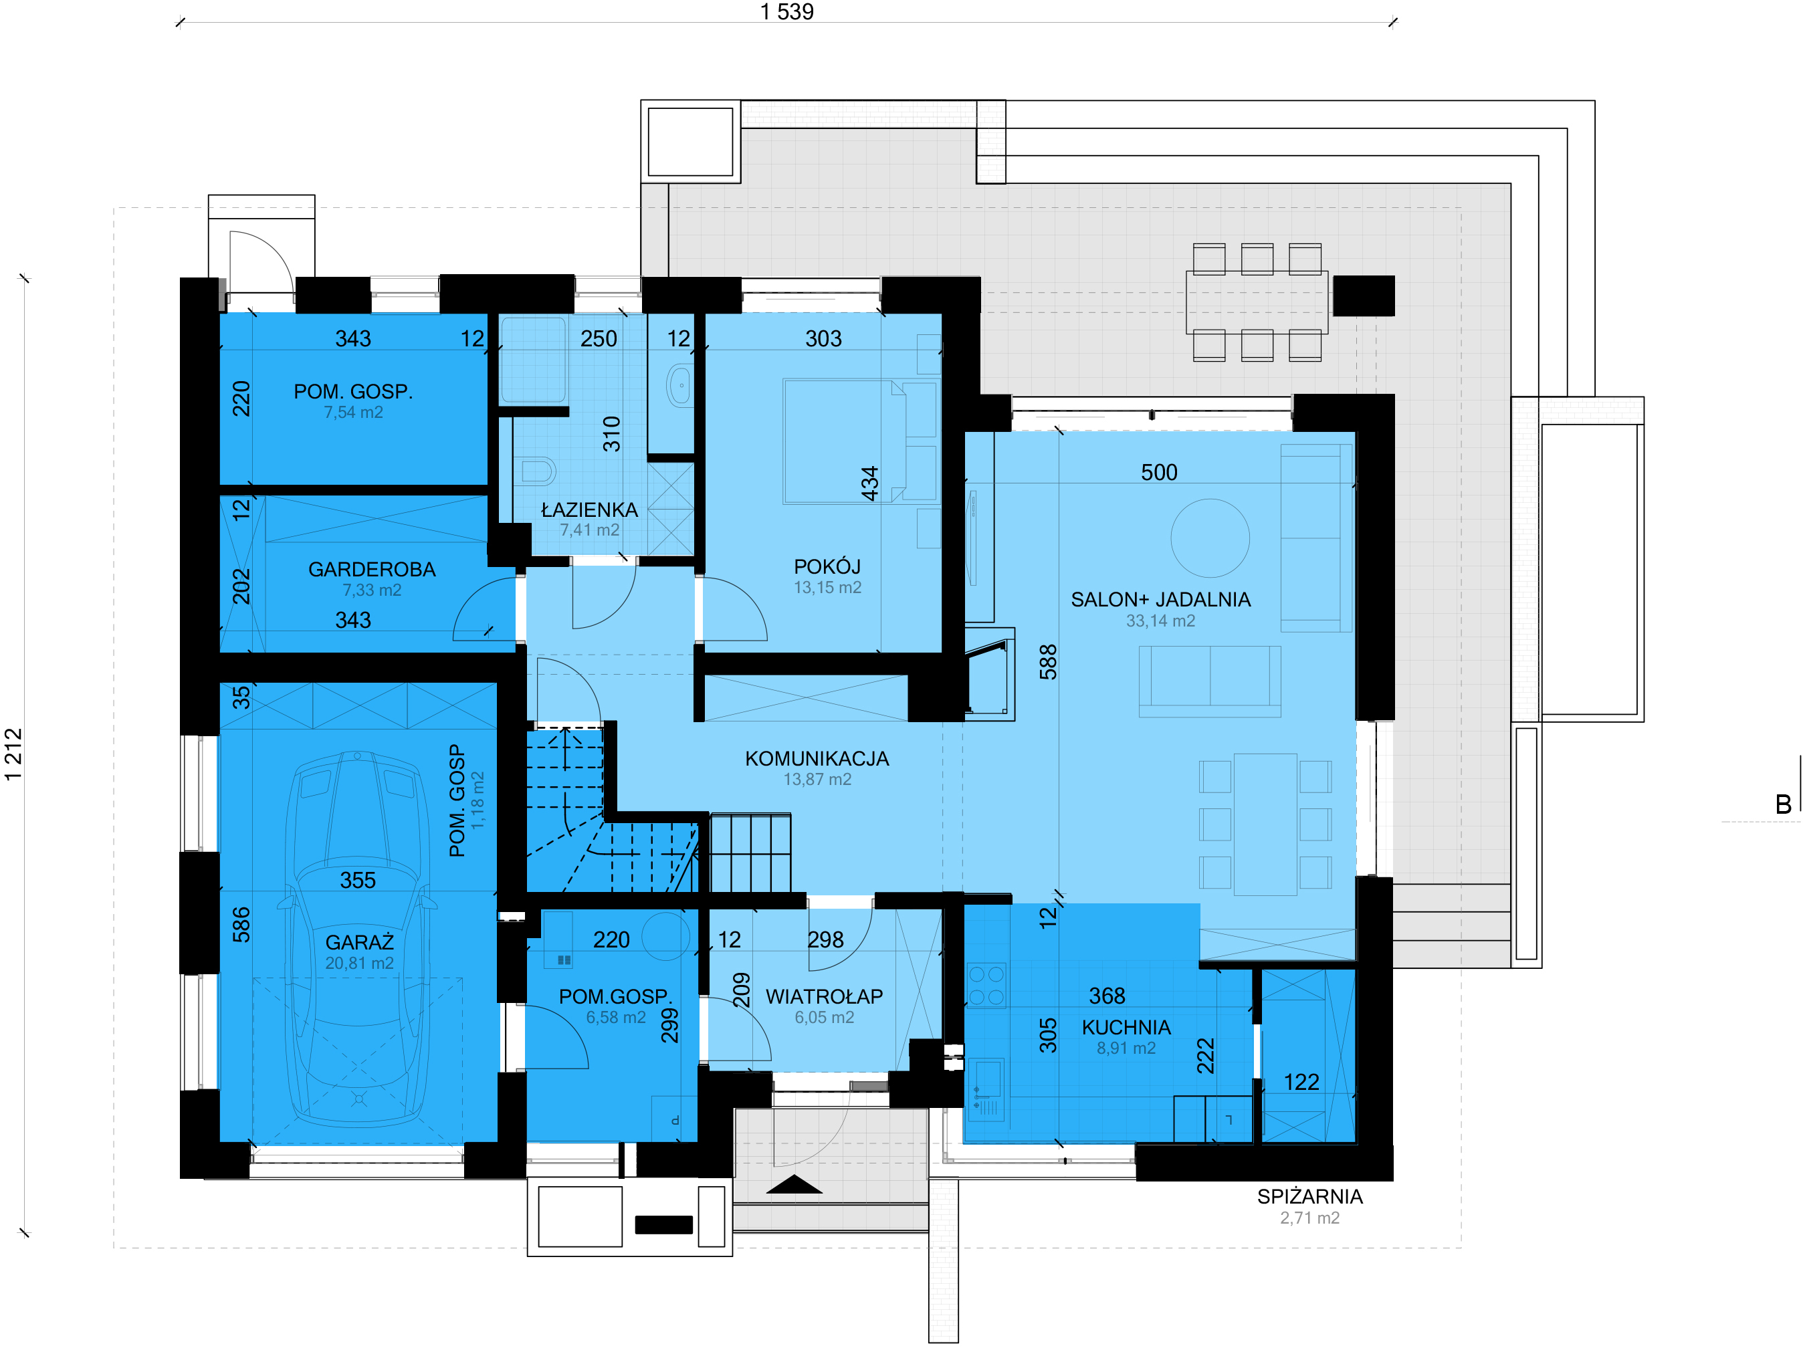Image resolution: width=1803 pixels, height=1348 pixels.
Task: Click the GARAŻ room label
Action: [359, 942]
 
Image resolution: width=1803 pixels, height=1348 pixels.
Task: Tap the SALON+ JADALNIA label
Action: [1161, 600]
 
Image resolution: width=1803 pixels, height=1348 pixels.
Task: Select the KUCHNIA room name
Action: [1126, 1028]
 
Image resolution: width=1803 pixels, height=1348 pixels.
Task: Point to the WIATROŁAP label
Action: [824, 997]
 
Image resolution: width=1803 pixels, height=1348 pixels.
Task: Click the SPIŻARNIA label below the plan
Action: [1310, 1196]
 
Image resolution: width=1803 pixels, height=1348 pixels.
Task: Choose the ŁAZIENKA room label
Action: [589, 510]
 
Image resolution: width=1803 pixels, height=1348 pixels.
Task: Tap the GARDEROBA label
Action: [372, 570]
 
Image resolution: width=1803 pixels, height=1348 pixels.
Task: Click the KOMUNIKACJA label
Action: [817, 759]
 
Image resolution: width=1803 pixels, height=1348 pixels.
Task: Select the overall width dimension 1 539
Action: [786, 12]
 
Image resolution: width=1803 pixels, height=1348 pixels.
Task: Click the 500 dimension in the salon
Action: [1159, 473]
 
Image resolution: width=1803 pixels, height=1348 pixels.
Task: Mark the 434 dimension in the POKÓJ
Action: [871, 483]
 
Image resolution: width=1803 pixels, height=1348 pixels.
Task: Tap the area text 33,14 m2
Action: [1161, 621]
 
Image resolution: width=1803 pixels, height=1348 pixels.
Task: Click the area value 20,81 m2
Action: [359, 964]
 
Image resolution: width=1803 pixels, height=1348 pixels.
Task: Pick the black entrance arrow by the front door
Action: [794, 1184]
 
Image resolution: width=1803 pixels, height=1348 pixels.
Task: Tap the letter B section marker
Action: [1784, 805]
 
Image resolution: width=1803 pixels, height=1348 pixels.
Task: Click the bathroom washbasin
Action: [679, 386]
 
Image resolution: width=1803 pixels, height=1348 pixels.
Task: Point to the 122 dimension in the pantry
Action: [1301, 1083]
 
